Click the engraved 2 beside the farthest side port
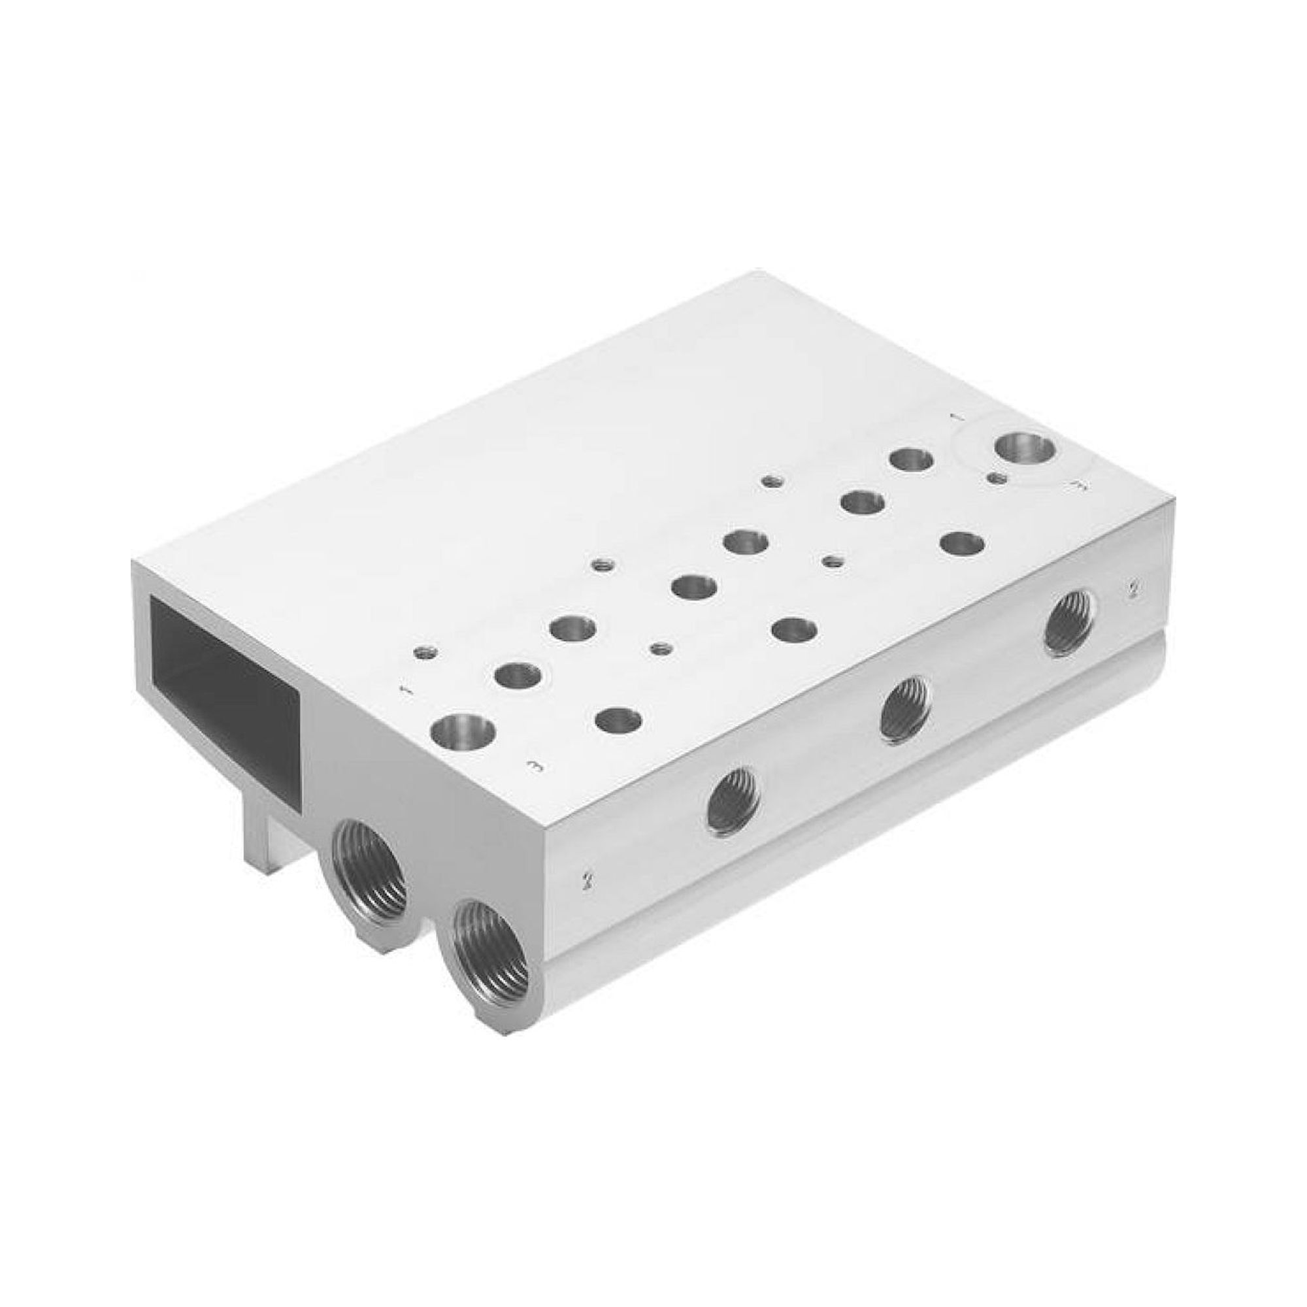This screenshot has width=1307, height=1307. coord(1132,589)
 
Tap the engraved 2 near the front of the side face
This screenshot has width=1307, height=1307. coord(586,880)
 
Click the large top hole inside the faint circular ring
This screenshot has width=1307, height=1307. coord(1024,447)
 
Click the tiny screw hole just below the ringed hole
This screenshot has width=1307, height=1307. coord(996,478)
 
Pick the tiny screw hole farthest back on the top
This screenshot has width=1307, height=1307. coord(772,482)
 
